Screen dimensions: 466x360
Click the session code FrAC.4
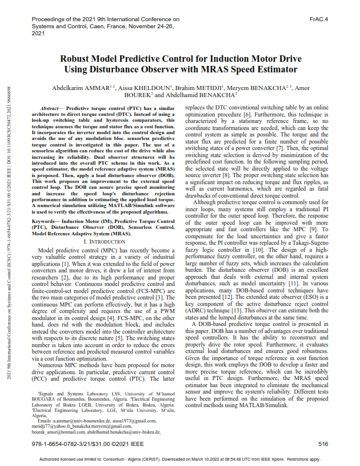318,19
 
